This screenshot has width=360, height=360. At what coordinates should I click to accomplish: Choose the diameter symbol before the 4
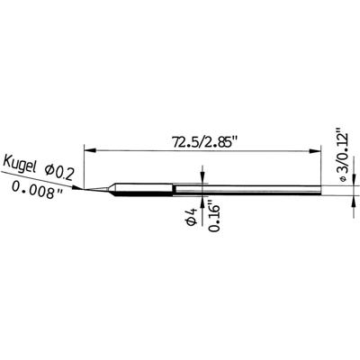pyautogui.click(x=190, y=229)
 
